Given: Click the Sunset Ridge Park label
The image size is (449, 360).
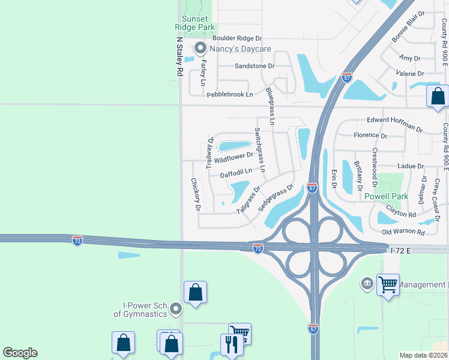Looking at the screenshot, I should click(194, 23).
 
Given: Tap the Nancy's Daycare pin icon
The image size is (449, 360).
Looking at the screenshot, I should click(200, 48).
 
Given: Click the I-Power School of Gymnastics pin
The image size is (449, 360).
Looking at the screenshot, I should click(176, 309).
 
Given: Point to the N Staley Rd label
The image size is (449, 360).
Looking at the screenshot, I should click(179, 56).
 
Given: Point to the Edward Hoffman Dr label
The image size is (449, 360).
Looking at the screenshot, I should click(395, 124).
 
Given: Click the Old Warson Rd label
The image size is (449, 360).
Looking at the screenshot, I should click(403, 232).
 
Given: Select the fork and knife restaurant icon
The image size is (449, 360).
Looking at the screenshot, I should click(232, 344).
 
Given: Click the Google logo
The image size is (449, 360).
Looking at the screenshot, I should click(20, 353).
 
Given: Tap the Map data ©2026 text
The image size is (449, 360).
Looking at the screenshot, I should click(424, 355).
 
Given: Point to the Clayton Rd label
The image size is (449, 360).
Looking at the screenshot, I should click(402, 211).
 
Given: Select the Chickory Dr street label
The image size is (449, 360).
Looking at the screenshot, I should click(194, 194).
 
